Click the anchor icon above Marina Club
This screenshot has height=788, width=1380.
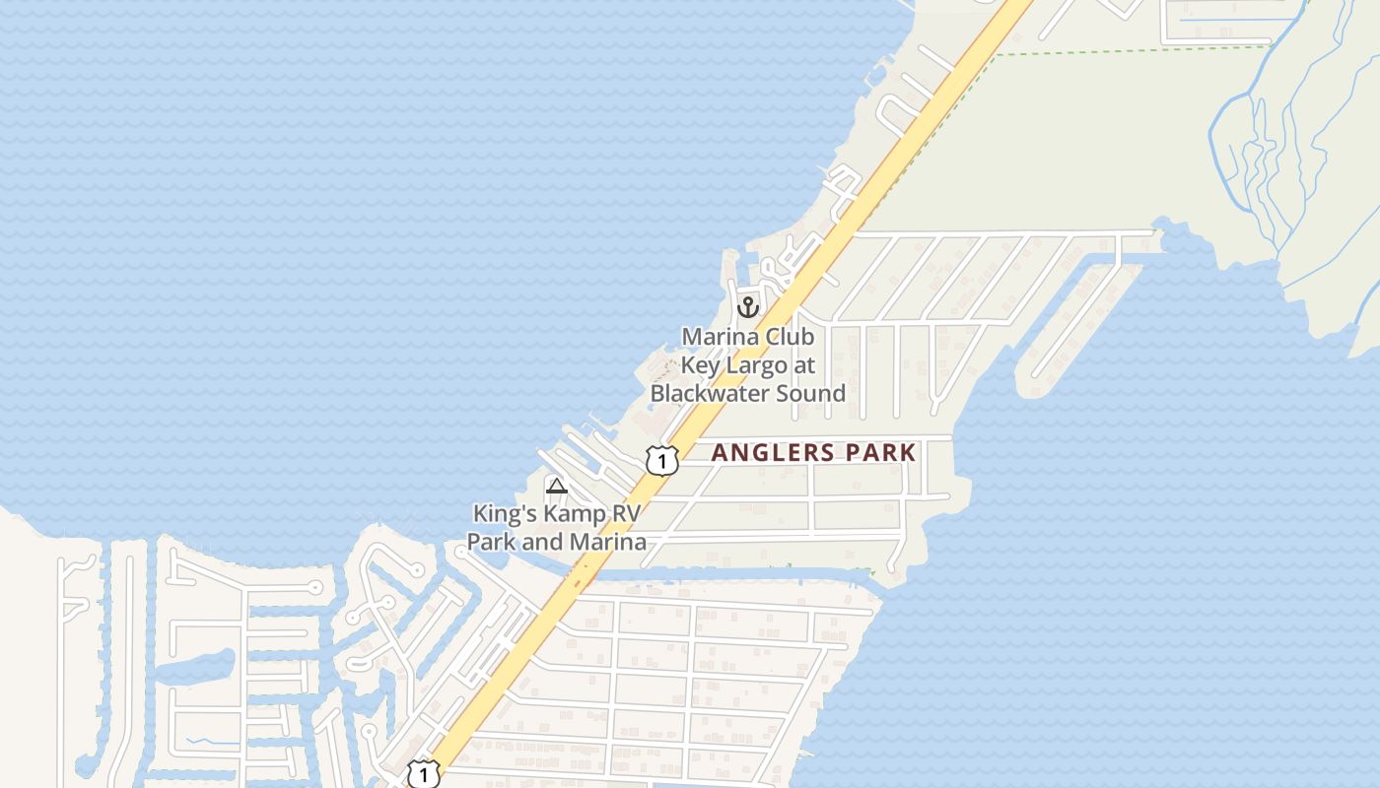748,307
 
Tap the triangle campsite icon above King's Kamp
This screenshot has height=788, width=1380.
557,485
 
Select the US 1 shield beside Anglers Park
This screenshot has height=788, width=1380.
662,460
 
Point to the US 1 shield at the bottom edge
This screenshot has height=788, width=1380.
424,774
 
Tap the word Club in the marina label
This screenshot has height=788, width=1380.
791,337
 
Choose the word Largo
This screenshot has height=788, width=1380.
757,365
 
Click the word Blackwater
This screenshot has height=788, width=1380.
720,393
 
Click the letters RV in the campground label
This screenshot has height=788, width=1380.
629,513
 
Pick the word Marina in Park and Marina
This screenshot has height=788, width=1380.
611,542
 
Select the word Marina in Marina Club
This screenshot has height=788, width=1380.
721,337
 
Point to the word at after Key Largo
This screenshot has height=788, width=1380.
804,365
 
